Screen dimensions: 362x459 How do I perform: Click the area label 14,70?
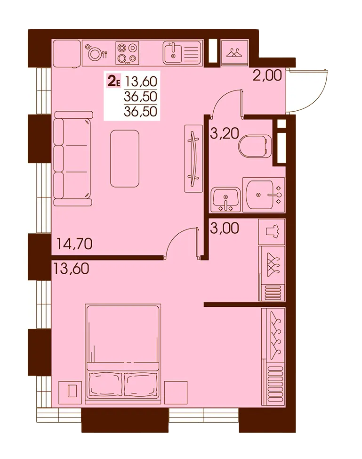[x=74, y=244]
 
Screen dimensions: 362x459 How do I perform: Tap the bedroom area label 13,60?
[x=71, y=269]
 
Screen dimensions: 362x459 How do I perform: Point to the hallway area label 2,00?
[x=267, y=75]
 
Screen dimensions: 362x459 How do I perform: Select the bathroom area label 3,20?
[x=225, y=133]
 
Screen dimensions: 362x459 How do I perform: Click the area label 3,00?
[x=225, y=228]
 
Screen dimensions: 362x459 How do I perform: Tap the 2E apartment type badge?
[x=114, y=81]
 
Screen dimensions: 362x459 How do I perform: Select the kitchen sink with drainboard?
[x=182, y=52]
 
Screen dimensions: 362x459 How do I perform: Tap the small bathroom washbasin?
[x=225, y=200]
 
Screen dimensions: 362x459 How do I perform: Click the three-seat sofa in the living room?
[x=73, y=158]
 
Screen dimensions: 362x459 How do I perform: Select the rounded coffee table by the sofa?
[x=125, y=158]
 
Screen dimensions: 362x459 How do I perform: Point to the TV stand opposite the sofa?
[x=193, y=158]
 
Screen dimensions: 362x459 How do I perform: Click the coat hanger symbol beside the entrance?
[x=235, y=53]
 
